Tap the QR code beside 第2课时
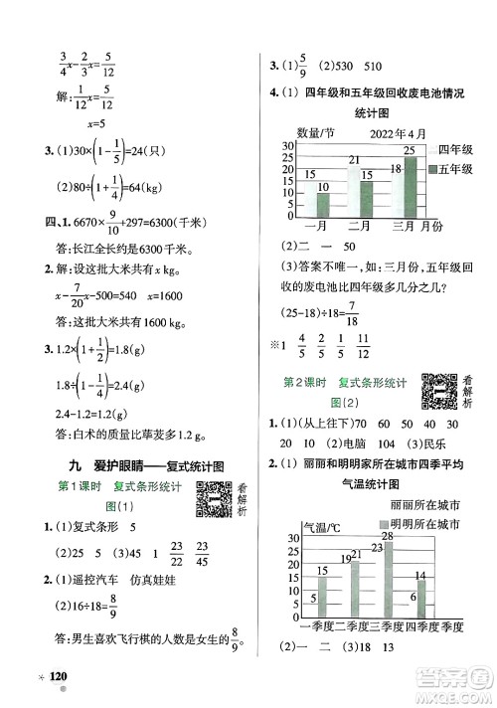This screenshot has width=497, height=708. pos(437,389)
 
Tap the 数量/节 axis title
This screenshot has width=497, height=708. pos(315,133)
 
